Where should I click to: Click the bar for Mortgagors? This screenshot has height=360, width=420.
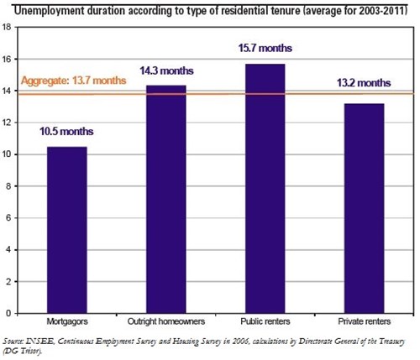click(x=66, y=230)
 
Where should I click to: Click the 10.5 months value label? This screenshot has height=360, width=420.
click(x=66, y=132)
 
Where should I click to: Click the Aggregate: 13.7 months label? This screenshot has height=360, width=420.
click(x=74, y=81)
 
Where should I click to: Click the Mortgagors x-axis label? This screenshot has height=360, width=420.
click(x=66, y=322)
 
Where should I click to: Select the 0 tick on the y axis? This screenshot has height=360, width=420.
click(x=8, y=313)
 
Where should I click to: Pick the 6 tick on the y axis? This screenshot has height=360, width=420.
click(x=8, y=218)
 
